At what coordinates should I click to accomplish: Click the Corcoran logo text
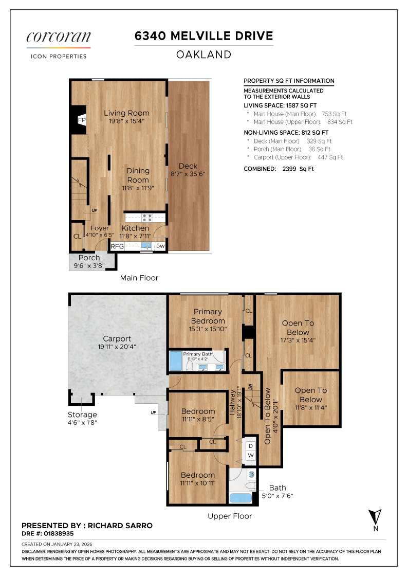pos(59,37)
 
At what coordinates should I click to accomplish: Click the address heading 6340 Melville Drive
pos(203,36)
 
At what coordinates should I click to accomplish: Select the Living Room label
pos(126,113)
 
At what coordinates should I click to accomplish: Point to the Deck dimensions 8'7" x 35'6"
pos(188,174)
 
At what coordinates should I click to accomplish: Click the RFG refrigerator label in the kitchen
pos(118,246)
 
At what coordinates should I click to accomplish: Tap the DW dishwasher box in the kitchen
pos(160,246)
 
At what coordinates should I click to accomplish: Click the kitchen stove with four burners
pos(146,217)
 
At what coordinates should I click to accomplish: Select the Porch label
pos(89,258)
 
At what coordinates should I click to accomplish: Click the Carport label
pos(117,338)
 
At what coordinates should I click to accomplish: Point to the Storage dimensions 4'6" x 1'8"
pos(82,422)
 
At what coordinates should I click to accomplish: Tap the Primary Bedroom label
pos(208,316)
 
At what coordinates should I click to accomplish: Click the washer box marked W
pos(251,456)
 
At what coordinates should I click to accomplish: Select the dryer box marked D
pos(251,446)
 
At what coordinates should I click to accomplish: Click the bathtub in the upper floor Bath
pos(240,497)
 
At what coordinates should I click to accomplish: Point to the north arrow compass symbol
pos(376,517)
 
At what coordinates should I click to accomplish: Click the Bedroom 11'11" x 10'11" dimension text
pos(197,483)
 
